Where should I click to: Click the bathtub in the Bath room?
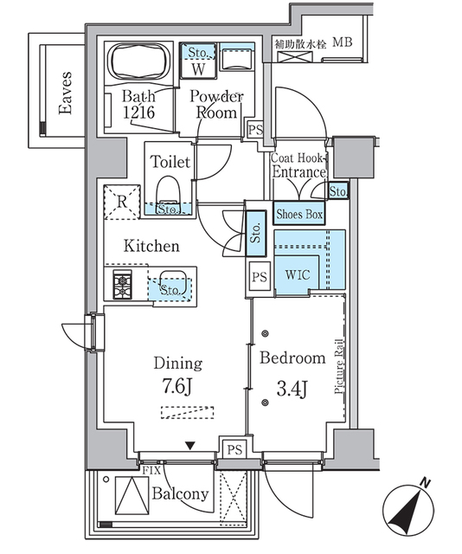coord(138,62)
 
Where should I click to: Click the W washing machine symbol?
coord(197,68)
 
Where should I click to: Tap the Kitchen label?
coord(151,247)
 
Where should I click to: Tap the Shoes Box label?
coord(299,214)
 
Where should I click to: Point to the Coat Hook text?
coord(298,158)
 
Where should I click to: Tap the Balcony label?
coord(181,494)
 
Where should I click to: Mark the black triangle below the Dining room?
coord(189,447)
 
